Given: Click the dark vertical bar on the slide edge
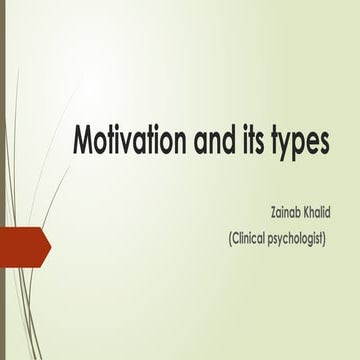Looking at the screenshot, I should pos(3,180).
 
